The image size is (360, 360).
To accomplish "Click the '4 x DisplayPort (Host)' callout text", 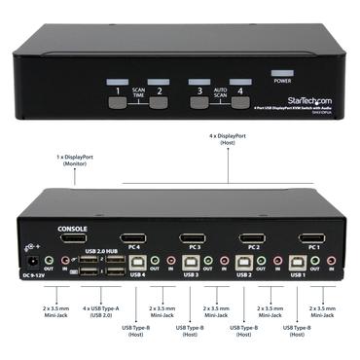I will [x=229, y=139].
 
